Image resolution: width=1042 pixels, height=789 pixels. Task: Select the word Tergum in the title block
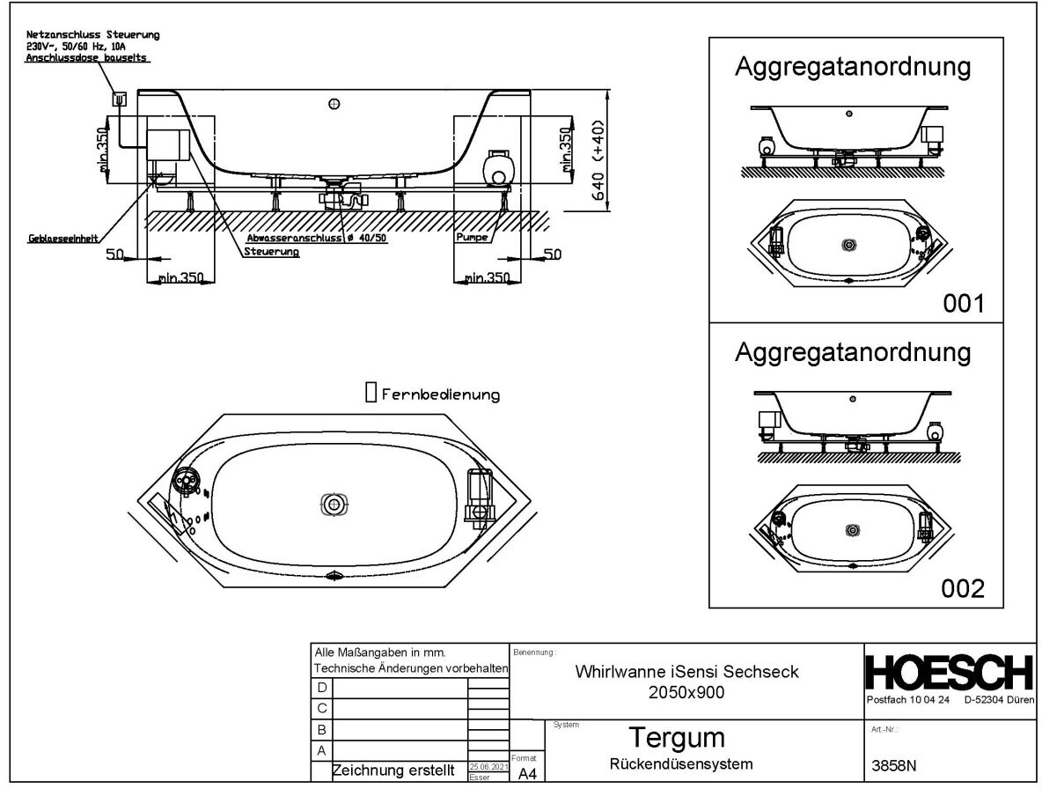(x=675, y=737)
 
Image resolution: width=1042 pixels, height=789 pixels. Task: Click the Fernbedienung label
(x=441, y=395)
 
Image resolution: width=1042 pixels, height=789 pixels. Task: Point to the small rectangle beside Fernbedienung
(x=371, y=393)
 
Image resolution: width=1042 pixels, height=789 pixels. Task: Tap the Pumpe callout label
(x=472, y=238)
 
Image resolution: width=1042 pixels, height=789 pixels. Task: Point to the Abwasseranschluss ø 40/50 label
(x=318, y=239)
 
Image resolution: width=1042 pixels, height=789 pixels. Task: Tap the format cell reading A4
(x=527, y=773)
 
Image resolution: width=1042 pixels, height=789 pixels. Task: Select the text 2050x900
(x=686, y=693)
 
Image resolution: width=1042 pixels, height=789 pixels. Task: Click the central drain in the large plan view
(x=334, y=504)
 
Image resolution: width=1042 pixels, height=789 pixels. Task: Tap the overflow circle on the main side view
(x=334, y=104)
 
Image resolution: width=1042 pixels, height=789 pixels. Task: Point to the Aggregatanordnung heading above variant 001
(x=853, y=67)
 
